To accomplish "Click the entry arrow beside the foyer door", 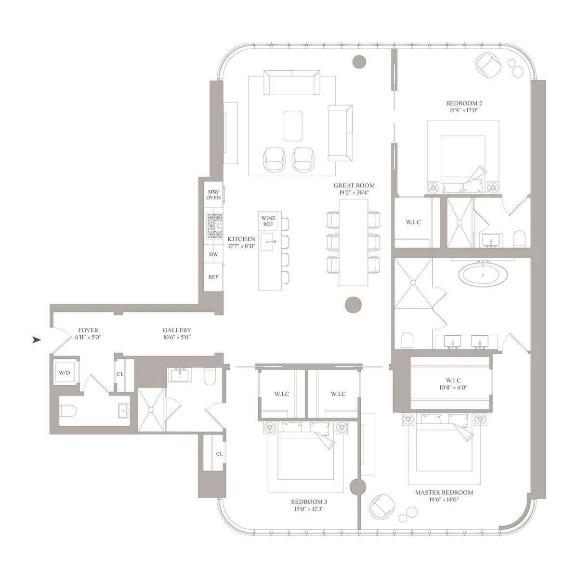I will pos(36,340).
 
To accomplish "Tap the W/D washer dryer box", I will pos(64,372).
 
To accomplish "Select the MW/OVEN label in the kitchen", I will pos(213,194).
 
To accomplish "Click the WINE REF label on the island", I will pos(268,221).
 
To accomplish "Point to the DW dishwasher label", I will pos(213,254).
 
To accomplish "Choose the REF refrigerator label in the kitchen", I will pos(213,277).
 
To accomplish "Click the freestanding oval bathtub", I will pos(482,276).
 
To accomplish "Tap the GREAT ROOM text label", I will pos(354,185).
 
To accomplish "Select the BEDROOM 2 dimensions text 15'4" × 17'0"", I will pos(464,110).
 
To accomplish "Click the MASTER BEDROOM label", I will pos(444,492).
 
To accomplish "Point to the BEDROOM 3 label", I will pos(309,501).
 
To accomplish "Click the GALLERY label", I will pos(177,330).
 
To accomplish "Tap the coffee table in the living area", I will pos(293,126).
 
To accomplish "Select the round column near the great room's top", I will pos(359,61).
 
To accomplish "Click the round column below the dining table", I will pos(354,304).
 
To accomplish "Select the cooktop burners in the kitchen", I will pos(213,226).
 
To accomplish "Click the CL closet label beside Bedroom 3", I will pos(219,454).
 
